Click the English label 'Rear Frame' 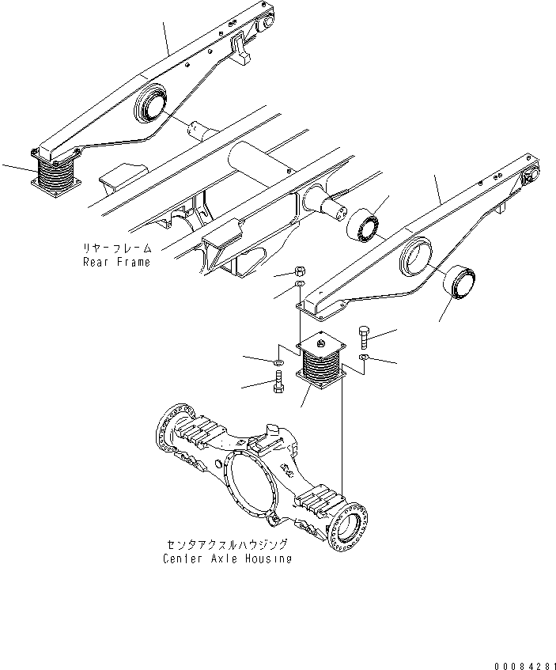pyautogui.click(x=117, y=262)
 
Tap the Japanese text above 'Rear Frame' pyautogui.click(x=117, y=248)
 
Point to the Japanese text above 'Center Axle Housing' pyautogui.click(x=227, y=544)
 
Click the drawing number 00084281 pyautogui.click(x=525, y=666)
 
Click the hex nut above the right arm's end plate pyautogui.click(x=300, y=271)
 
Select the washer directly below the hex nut pyautogui.click(x=300, y=284)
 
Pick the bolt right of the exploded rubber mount pyautogui.click(x=363, y=338)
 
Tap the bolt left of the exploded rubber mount pyautogui.click(x=278, y=381)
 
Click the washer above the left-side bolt pyautogui.click(x=278, y=363)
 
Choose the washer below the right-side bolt pyautogui.click(x=364, y=357)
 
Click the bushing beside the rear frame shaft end pyautogui.click(x=363, y=225)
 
